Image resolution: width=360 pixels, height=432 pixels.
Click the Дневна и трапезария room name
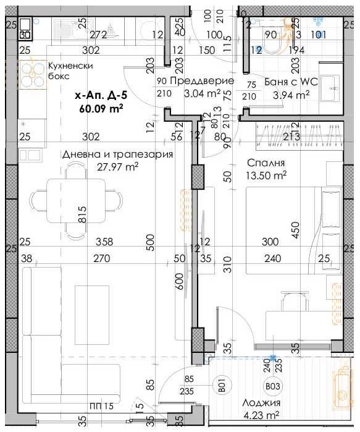[x=117, y=155]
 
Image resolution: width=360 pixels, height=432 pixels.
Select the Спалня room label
[x=266, y=163]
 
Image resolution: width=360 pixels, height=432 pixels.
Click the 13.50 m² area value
[x=267, y=175]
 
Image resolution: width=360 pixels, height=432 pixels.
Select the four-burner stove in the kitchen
[x=29, y=75]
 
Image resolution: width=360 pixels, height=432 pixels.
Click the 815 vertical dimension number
[x=82, y=215]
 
